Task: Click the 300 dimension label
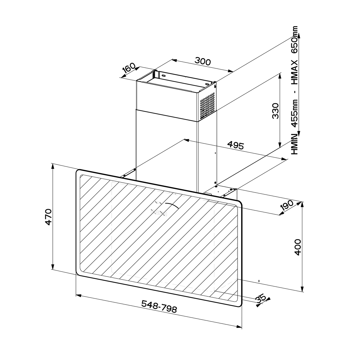(203, 61)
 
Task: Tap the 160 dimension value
(129, 68)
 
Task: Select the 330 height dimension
(275, 111)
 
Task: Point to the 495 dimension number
(236, 145)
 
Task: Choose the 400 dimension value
(298, 247)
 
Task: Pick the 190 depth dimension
(287, 206)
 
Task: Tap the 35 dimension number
(261, 304)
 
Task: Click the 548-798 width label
(159, 309)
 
